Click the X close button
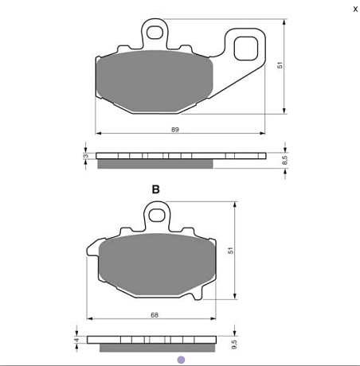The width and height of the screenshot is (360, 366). pyautogui.click(x=355, y=9)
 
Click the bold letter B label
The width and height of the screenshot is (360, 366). pyautogui.click(x=155, y=189)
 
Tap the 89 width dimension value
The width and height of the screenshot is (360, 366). pyautogui.click(x=175, y=130)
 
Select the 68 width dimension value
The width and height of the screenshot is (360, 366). pyautogui.click(x=155, y=315)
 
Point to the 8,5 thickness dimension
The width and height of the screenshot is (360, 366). pyautogui.click(x=284, y=160)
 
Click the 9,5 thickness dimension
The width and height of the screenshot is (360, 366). pyautogui.click(x=234, y=345)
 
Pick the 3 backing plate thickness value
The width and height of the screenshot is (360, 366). pyautogui.click(x=85, y=156)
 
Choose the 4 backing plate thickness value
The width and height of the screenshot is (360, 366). pyautogui.click(x=76, y=340)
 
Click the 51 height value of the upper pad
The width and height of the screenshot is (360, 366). pyautogui.click(x=280, y=65)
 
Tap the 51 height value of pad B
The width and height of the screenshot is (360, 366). pyautogui.click(x=230, y=251)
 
